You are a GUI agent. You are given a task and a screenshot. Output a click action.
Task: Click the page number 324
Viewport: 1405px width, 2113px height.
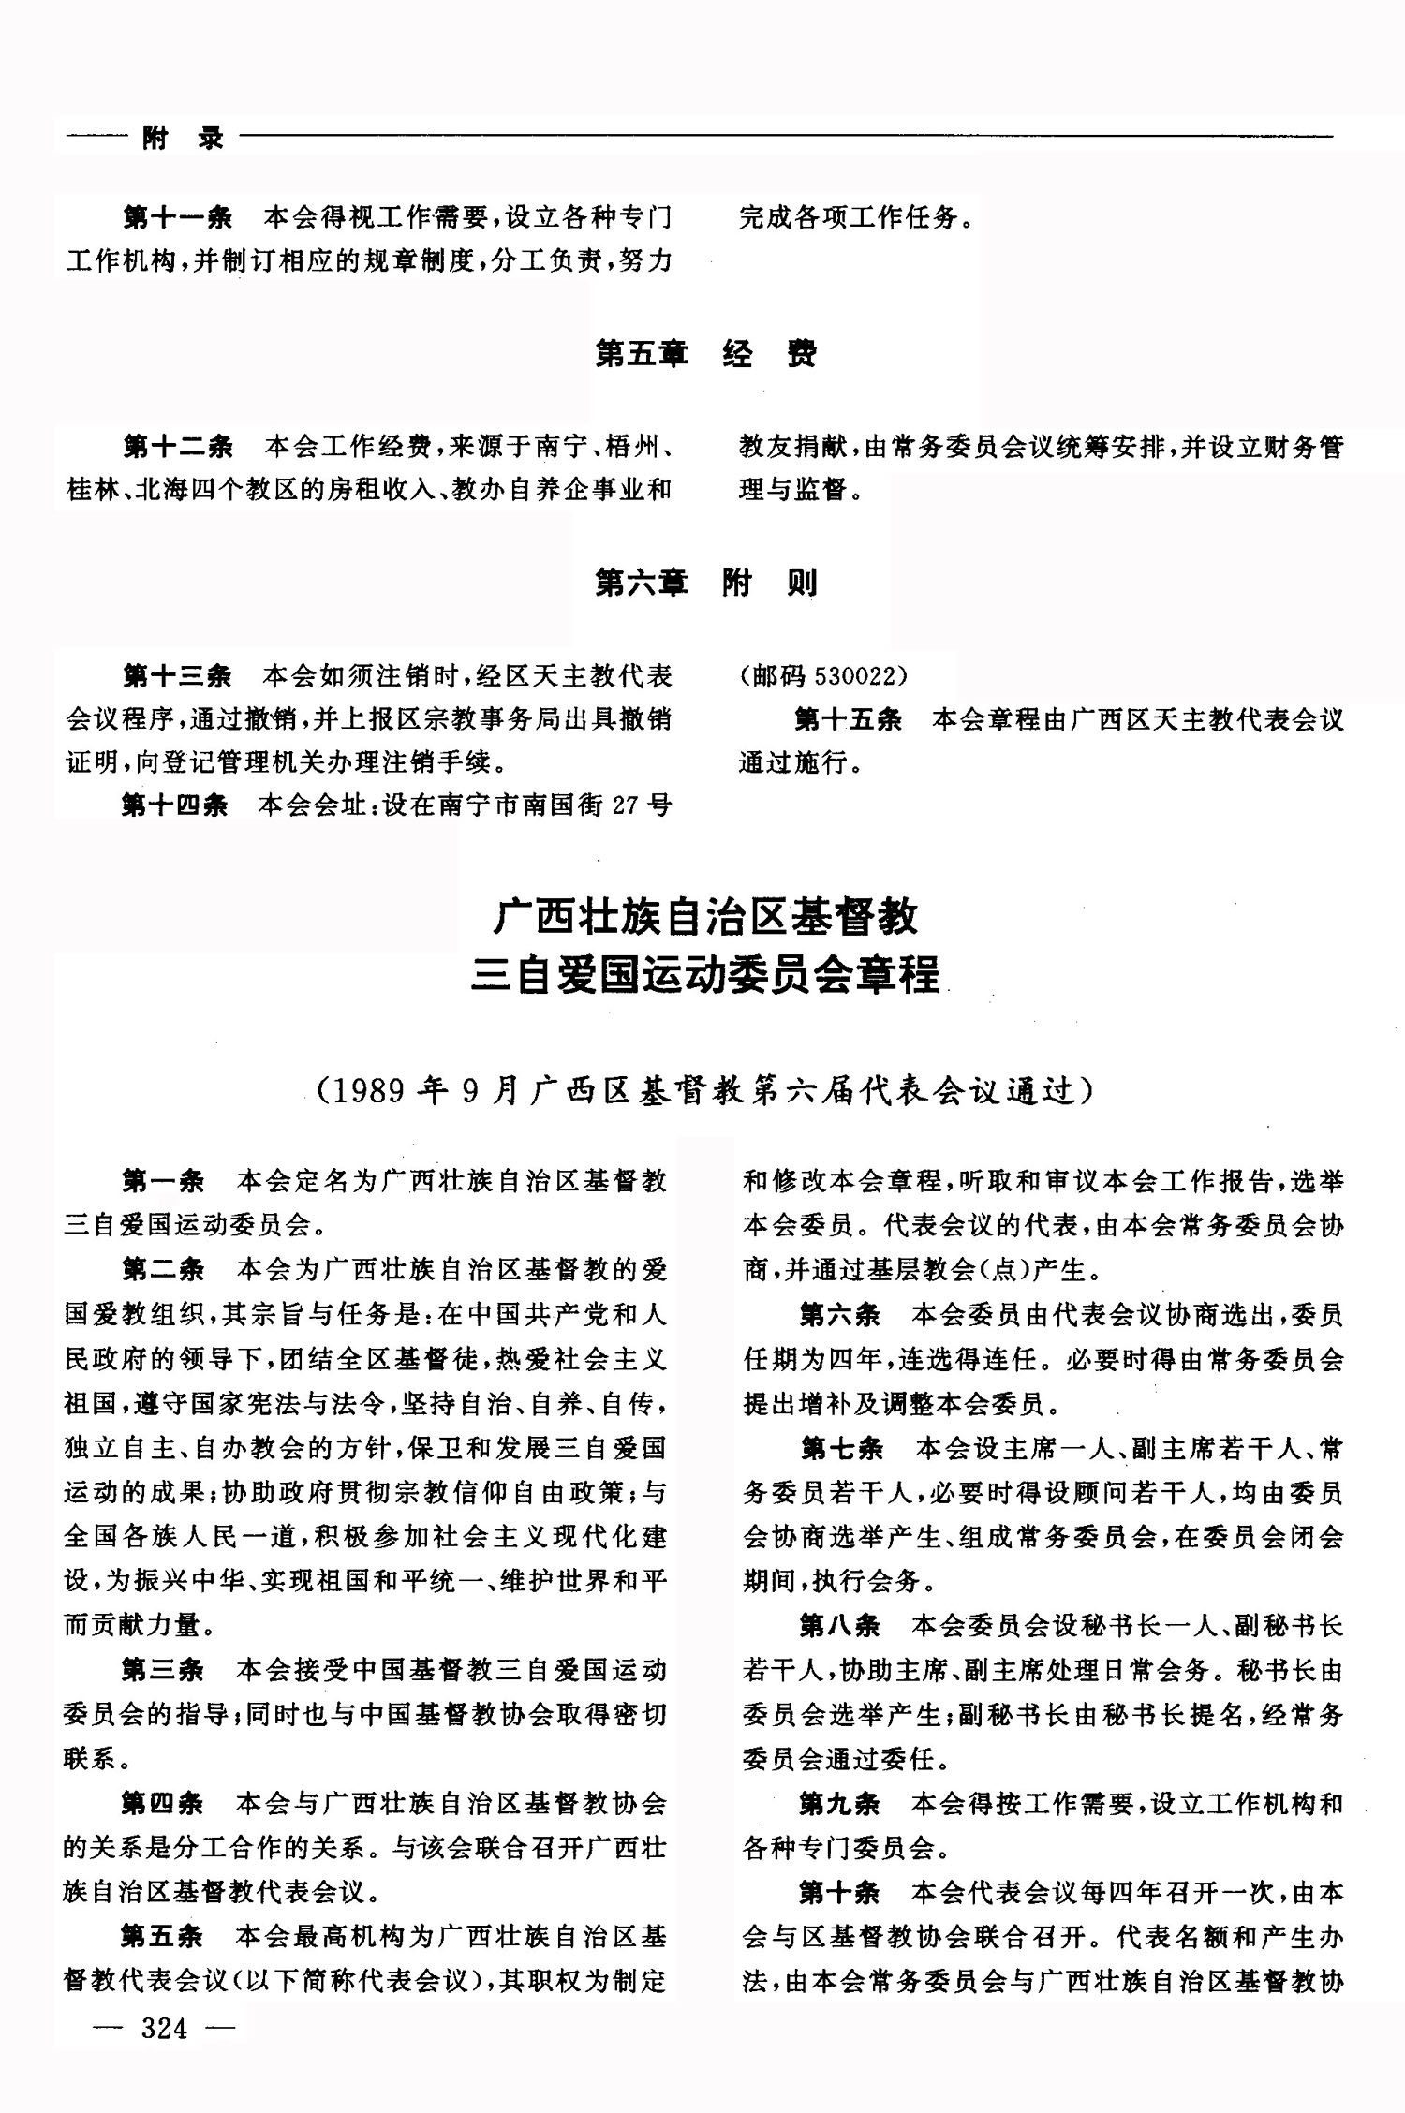click(164, 2028)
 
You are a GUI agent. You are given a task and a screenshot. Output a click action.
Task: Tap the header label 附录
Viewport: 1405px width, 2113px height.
click(183, 139)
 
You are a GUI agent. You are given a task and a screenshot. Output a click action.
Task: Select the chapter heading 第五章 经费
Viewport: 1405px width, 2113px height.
click(705, 354)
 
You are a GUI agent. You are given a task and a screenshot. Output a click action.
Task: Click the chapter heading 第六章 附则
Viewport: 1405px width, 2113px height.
click(705, 583)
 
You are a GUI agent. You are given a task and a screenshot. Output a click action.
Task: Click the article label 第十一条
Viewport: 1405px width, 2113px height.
click(177, 218)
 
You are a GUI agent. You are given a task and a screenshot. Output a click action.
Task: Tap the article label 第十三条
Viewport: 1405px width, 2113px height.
click(177, 674)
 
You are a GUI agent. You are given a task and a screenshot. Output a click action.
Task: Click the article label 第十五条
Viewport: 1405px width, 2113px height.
click(848, 719)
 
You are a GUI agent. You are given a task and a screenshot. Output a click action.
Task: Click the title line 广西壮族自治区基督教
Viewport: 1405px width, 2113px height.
click(705, 918)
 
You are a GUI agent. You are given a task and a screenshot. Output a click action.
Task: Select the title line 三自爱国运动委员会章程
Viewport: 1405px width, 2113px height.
click(705, 974)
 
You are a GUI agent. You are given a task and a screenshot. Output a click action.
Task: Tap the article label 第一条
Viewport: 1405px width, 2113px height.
click(163, 1180)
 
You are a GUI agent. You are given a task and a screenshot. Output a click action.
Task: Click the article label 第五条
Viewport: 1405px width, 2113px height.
click(163, 1935)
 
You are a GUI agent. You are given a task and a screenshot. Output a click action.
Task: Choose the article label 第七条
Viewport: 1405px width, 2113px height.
click(841, 1449)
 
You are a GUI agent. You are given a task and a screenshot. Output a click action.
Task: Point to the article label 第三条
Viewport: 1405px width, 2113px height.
click(163, 1669)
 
